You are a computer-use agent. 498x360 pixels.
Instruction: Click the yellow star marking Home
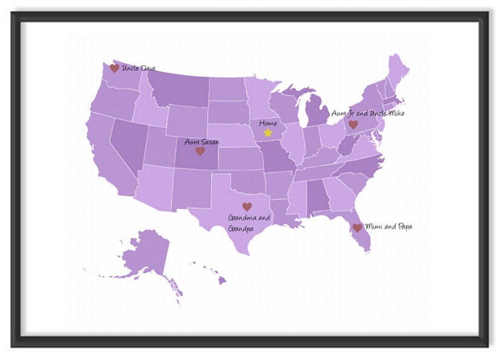point(268,132)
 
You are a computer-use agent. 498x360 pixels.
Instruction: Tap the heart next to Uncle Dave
point(114,68)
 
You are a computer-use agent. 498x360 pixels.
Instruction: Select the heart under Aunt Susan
point(200,151)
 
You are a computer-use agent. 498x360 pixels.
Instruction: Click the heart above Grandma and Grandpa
point(247,207)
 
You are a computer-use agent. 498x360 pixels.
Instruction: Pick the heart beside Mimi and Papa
point(357,228)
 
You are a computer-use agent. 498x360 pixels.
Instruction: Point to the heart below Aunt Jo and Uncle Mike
point(354,124)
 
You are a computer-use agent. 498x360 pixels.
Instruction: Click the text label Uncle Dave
point(138,68)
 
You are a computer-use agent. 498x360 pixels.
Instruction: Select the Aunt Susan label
point(202,142)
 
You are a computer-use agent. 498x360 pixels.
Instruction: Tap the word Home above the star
point(268,123)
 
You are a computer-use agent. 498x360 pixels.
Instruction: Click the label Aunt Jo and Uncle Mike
point(367,113)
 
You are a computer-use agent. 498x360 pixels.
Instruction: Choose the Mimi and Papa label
point(389,227)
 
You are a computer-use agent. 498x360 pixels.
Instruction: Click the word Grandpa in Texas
point(240,229)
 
